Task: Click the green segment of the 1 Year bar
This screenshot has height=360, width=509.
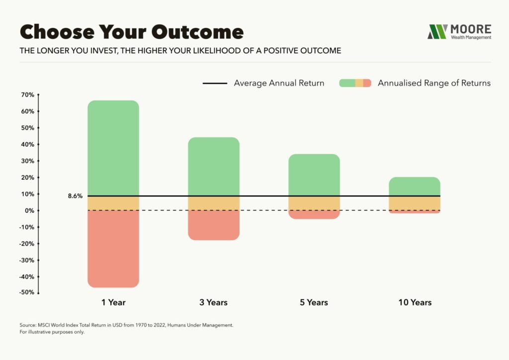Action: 113,148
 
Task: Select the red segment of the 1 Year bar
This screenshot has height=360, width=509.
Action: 113,249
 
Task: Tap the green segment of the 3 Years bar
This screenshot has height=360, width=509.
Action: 214,166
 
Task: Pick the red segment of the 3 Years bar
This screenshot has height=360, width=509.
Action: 214,225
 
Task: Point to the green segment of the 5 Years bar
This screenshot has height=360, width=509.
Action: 314,175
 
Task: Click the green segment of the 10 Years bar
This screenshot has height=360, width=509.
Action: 415,186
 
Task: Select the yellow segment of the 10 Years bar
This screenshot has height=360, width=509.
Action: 415,203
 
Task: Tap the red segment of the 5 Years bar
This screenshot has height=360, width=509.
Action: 314,215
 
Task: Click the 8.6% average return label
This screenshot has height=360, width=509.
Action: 75,196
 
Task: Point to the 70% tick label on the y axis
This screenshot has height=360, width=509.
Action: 27,94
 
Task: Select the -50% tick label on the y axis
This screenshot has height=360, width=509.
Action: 26,292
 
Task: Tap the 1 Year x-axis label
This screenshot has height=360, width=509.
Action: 113,302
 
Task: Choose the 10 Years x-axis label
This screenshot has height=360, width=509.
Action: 415,302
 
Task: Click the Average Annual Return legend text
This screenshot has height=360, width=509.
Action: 279,83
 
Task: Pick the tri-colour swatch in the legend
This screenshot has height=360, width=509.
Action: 355,83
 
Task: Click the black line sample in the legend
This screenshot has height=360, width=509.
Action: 215,83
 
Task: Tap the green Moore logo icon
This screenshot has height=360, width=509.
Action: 437,31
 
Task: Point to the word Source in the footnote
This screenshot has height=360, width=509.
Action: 29,325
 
